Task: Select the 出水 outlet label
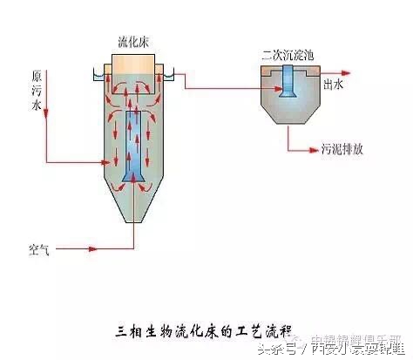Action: [335, 85]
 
